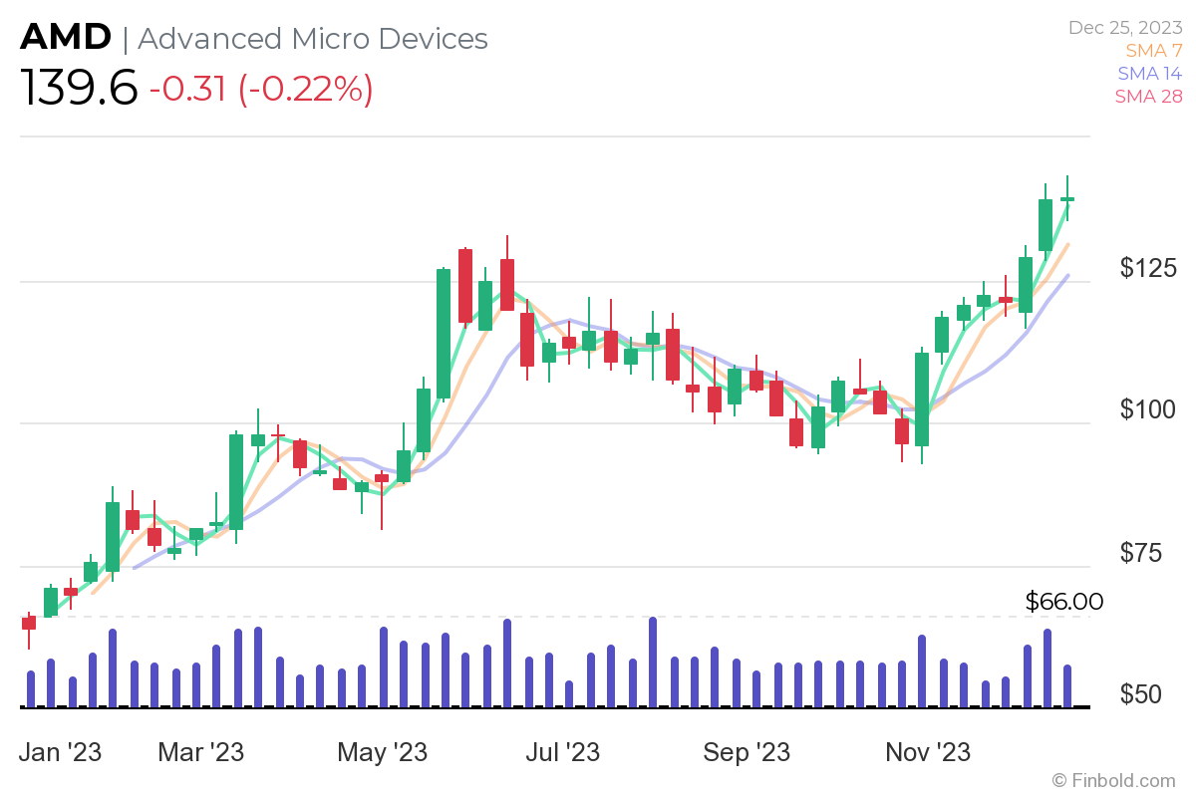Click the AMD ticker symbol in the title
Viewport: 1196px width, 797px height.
coord(66,38)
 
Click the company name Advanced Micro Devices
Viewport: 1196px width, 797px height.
coord(313,39)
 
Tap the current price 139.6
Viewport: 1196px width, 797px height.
coord(79,90)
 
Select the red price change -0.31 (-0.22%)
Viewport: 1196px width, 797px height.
coord(261,90)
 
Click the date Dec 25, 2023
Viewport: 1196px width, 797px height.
coord(1124,28)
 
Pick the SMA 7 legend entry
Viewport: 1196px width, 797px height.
coord(1153,50)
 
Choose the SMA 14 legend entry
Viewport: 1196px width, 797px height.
coord(1149,73)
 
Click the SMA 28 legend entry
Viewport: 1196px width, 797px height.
coord(1148,96)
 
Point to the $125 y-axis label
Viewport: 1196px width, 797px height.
coord(1148,268)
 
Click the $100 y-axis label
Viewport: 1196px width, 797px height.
coord(1148,409)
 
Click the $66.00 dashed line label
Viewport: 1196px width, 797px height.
coord(1063,602)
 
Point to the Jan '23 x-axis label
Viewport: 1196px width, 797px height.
coord(61,751)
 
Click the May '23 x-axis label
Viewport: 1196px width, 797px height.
coord(383,751)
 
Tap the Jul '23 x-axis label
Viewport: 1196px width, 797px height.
coord(564,751)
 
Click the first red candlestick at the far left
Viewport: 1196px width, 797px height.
coord(29,623)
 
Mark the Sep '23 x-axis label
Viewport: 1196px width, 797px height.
coord(747,751)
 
